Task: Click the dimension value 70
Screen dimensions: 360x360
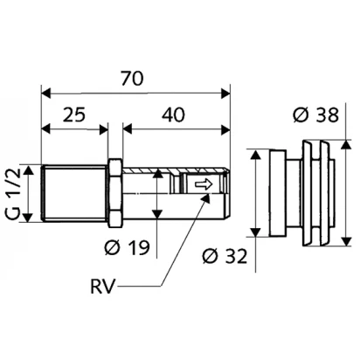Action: click(x=133, y=79)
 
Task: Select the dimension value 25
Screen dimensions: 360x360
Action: click(x=74, y=114)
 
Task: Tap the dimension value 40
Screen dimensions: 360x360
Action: click(x=173, y=114)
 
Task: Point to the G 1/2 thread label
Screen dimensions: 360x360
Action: click(x=13, y=194)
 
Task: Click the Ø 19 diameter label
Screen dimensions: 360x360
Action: click(x=127, y=247)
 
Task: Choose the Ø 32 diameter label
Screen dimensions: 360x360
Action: click(x=225, y=256)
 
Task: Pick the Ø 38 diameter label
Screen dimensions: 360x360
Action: click(x=316, y=114)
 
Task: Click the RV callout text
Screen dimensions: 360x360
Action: click(x=101, y=287)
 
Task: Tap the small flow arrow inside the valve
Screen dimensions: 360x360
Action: click(x=204, y=184)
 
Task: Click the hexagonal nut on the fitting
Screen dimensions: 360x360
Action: click(x=115, y=193)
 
